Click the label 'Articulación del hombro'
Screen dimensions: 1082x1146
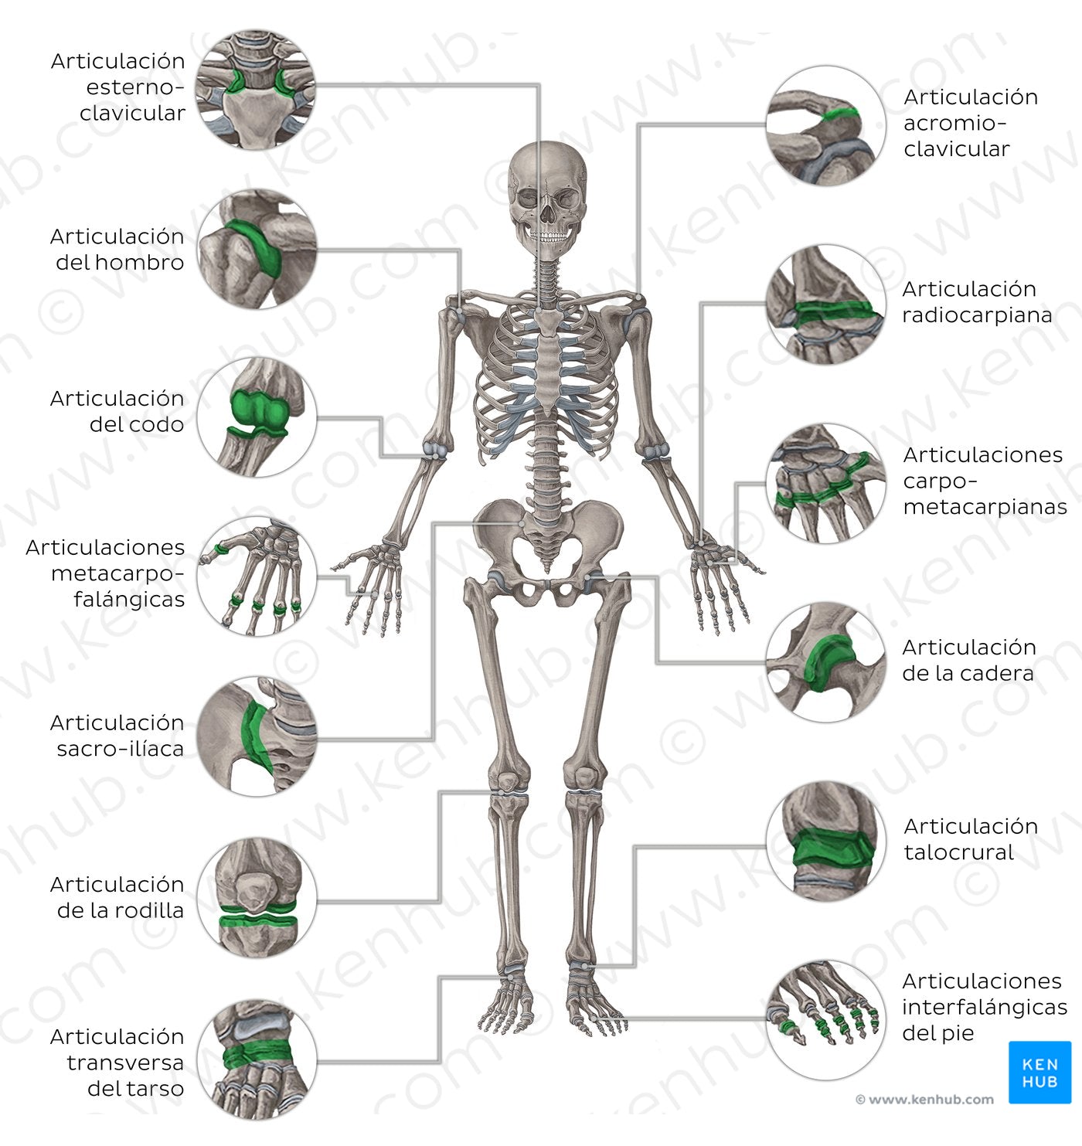[117, 250]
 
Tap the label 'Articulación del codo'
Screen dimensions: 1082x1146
[117, 411]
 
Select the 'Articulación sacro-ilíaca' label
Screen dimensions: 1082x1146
[117, 736]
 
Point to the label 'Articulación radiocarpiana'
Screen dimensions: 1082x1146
[977, 302]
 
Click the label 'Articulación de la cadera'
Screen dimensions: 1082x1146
[969, 660]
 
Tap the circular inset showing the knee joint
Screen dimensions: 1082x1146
[257, 897]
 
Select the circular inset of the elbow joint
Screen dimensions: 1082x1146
[257, 417]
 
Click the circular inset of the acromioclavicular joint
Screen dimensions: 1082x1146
[826, 126]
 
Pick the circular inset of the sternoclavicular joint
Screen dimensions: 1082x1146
[256, 90]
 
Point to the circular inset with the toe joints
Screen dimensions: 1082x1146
[826, 1019]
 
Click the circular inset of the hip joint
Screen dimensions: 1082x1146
[826, 661]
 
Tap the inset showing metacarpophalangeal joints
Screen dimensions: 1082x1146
[257, 576]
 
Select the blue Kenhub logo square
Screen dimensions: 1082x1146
[1039, 1072]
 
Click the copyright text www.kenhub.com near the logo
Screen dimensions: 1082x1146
[925, 1100]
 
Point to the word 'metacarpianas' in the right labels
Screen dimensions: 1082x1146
[985, 507]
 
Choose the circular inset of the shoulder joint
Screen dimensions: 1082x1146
[257, 250]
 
